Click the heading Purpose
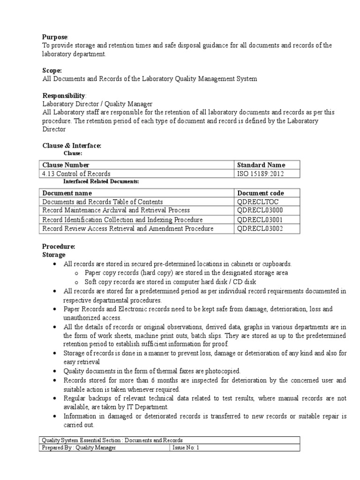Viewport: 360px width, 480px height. coord(55,37)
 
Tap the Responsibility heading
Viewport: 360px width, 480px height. coord(64,96)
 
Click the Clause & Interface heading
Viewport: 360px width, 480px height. coord(72,146)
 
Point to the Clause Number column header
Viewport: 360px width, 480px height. coord(66,165)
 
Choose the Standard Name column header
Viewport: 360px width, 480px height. coord(261,165)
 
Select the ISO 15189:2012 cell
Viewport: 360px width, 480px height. coord(261,173)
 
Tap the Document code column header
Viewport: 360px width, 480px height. coord(261,193)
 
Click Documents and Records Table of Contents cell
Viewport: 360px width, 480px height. coord(103,202)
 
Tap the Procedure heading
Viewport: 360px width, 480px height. coord(59,247)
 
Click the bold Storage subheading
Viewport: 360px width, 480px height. coord(54,255)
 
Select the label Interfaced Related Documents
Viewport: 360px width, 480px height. coord(101,181)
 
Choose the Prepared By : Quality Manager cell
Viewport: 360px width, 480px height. coord(79,448)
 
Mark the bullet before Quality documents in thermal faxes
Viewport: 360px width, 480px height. coord(56,371)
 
